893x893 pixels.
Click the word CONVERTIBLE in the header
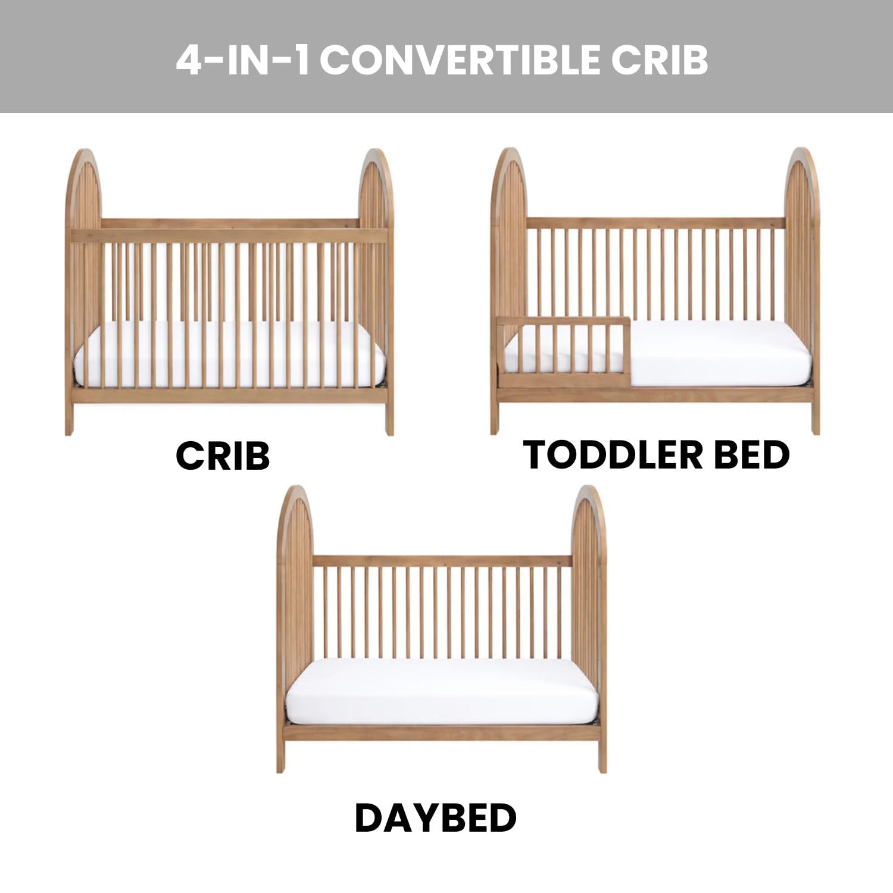tap(461, 60)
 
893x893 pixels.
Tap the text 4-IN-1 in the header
tap(243, 60)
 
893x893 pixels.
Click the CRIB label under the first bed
tap(223, 456)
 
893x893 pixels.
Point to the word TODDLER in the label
tap(613, 455)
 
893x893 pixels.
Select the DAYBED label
tap(435, 818)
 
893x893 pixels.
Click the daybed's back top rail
tap(442, 561)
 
